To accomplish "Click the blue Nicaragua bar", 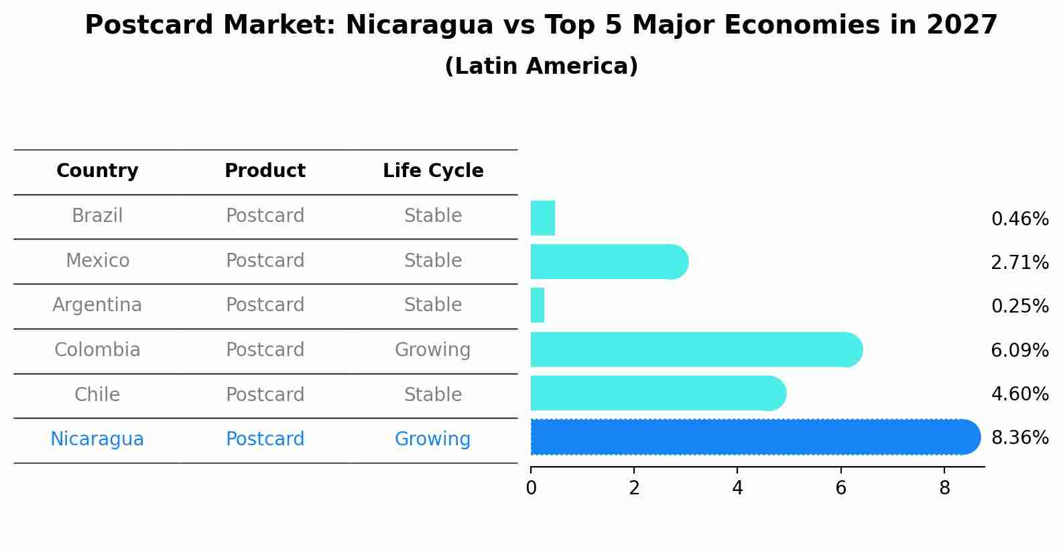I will pos(754,437).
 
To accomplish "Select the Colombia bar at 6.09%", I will pos(696,349).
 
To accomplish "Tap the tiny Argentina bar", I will pos(538,305).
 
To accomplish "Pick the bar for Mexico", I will pos(609,262).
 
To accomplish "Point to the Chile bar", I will pos(657,393).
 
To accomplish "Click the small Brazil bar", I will pos(543,218).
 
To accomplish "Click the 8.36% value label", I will pos(1019,438).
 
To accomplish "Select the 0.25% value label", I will pos(1019,307).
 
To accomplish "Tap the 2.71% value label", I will pos(1019,263).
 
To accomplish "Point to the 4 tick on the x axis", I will pos(737,488).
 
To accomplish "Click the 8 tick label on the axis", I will pos(944,488).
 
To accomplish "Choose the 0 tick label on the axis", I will pos(531,488).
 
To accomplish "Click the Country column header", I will pos(97,171).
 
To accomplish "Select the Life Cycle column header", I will pos(433,171).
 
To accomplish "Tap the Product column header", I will pos(265,171).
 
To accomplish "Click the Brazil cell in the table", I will pos(97,216).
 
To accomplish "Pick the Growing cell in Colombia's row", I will pos(432,350).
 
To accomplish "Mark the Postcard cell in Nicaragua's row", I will pos(265,439).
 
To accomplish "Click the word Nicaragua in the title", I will pos(420,25).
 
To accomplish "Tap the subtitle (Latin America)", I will pos(541,66).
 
